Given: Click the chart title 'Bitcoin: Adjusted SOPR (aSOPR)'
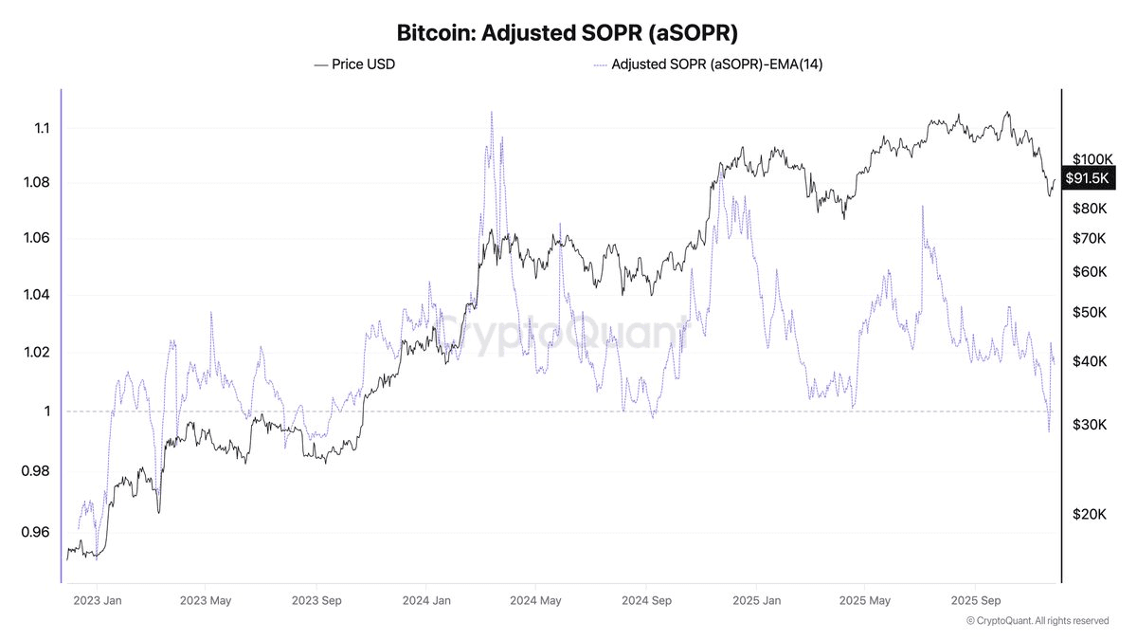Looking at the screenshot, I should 566,33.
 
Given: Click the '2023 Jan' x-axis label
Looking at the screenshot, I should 98,600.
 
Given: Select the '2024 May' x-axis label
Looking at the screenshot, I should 536,600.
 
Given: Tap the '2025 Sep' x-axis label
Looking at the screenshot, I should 976,600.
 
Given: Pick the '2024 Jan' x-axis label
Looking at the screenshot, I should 427,600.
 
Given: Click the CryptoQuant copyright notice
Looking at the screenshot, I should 1038,621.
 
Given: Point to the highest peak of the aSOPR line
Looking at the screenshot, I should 491,112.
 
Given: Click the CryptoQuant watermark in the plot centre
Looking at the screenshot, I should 566,334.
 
